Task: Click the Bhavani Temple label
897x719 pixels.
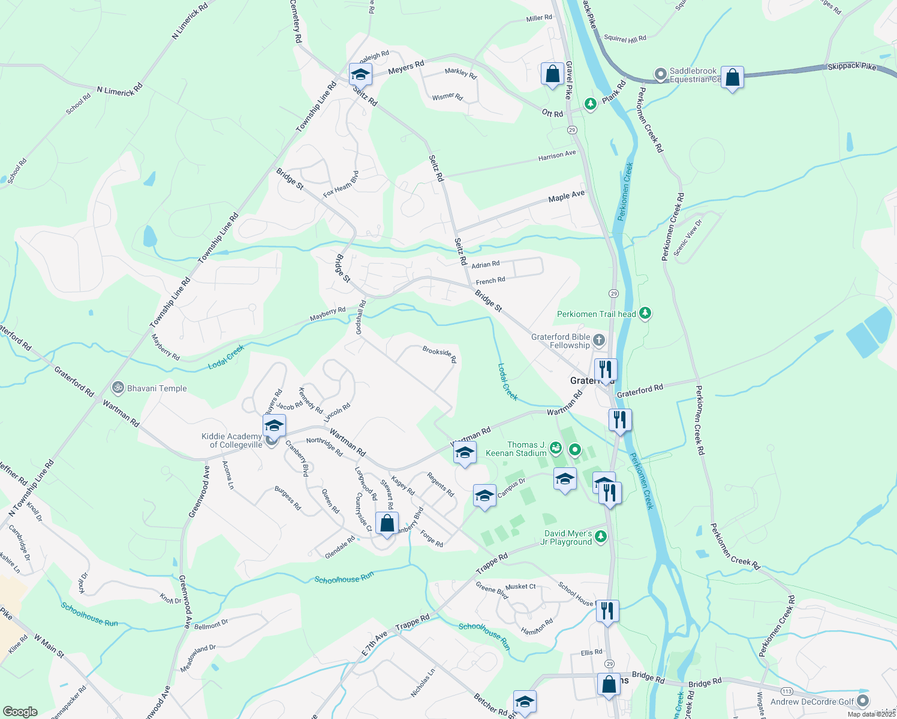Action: [157, 388]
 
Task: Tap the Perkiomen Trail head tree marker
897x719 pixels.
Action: [645, 313]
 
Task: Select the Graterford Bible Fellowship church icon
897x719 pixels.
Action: [599, 342]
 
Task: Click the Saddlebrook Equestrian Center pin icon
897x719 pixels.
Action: [660, 74]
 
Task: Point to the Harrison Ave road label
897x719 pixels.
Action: [556, 156]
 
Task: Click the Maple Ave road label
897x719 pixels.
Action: [566, 196]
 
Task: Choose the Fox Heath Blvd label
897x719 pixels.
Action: [341, 184]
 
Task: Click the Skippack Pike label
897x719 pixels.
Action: [851, 67]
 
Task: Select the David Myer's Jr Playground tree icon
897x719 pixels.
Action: [601, 536]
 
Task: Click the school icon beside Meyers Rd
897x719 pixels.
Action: [360, 75]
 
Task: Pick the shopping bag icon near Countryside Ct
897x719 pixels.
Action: [387, 523]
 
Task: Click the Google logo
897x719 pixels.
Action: [20, 712]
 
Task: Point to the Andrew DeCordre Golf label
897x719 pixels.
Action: [812, 702]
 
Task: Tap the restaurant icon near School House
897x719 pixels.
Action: [607, 611]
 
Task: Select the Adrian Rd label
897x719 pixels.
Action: [485, 265]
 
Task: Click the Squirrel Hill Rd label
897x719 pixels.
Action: [625, 39]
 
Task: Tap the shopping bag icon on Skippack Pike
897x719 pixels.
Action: [732, 77]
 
